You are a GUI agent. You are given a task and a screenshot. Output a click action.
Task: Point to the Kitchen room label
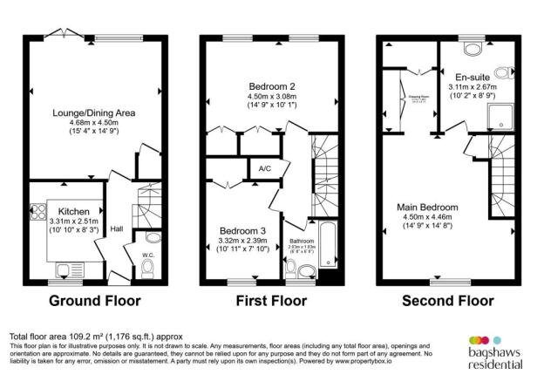click(x=75, y=212)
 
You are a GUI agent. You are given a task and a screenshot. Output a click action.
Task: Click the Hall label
click(x=116, y=229)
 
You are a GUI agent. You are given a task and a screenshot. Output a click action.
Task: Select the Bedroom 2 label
click(x=271, y=86)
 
